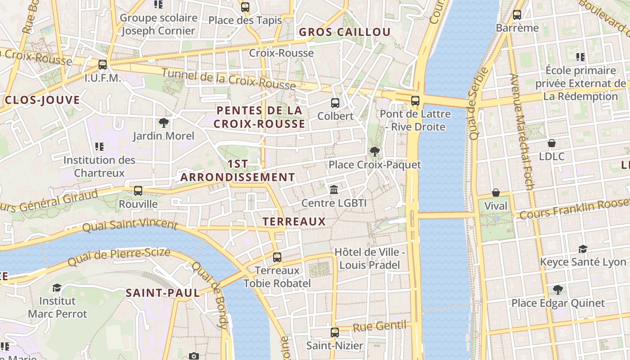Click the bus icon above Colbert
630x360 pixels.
335,103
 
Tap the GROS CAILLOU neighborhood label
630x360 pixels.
345,32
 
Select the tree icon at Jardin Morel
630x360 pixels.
163,123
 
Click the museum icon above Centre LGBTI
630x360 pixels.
334,190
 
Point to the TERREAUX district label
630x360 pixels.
294,221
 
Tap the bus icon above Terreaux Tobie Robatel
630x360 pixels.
277,257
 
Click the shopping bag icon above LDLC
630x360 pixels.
552,144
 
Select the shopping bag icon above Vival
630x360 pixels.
495,193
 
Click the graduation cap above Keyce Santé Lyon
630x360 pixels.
583,249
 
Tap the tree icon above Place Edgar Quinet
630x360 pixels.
558,289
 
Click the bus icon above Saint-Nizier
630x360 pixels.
334,333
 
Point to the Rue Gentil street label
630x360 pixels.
379,326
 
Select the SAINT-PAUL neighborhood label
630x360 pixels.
162,293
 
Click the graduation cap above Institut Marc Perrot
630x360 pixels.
57,288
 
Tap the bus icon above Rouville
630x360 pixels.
138,191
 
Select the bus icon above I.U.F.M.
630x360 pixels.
103,65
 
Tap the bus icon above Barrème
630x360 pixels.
517,14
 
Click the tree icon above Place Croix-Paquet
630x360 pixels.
374,152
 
